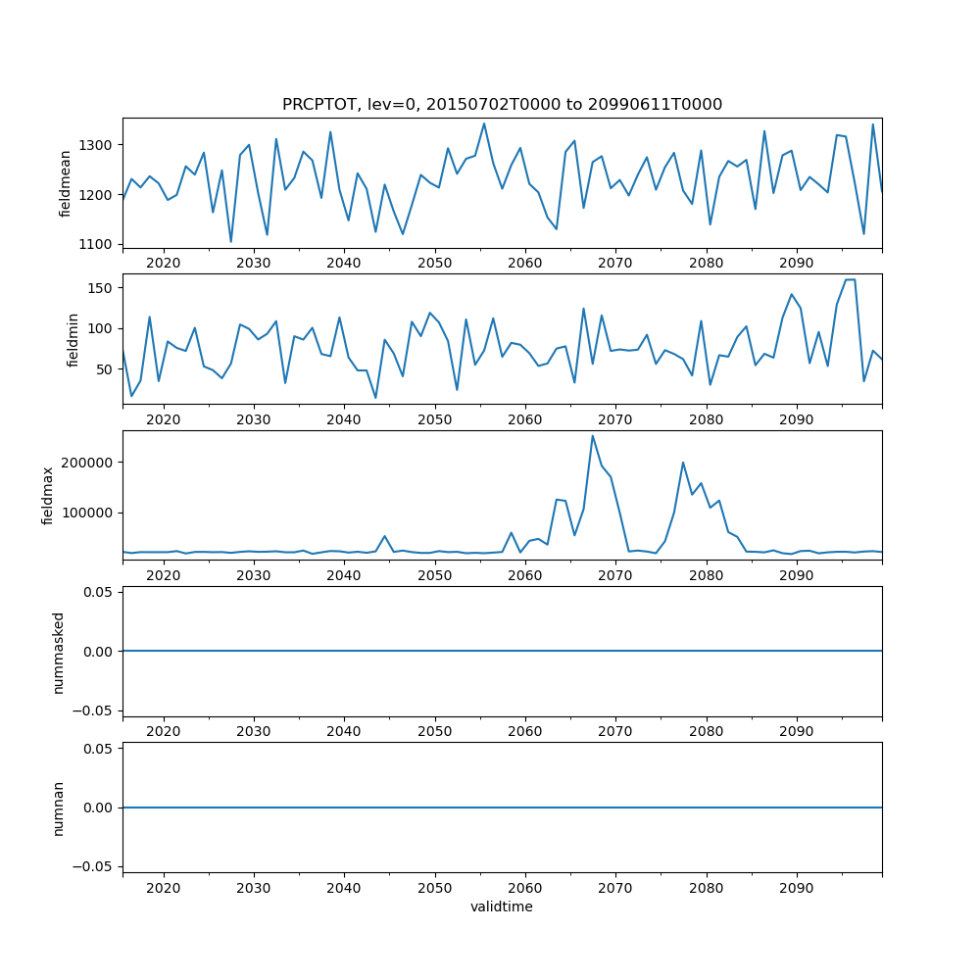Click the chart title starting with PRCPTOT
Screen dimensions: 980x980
tap(502, 105)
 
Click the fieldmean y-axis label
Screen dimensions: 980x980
tap(67, 183)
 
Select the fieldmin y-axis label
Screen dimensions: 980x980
tap(73, 339)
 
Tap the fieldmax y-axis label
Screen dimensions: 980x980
tap(49, 496)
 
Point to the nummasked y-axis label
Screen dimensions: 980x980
tap(59, 652)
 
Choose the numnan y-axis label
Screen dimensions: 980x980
tap(59, 808)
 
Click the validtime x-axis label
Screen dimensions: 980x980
tap(502, 907)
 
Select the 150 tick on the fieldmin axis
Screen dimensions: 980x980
tap(104, 288)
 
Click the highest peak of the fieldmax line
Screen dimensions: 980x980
tap(592, 436)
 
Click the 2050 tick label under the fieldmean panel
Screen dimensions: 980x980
tap(434, 264)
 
